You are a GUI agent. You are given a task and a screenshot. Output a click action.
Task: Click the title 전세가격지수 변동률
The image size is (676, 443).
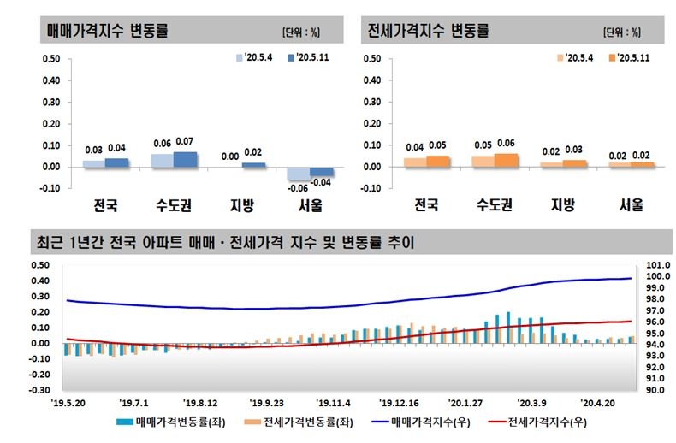click(x=428, y=32)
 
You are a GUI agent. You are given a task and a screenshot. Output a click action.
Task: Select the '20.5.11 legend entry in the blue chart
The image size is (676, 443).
click(x=304, y=58)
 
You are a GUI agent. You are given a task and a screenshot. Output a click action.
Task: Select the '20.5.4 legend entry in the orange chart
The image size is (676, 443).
click(x=574, y=58)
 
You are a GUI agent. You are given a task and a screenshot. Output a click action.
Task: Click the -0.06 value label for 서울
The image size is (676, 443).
click(x=298, y=188)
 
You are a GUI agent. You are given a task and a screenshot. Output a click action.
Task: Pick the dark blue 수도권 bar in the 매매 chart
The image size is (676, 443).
click(x=185, y=159)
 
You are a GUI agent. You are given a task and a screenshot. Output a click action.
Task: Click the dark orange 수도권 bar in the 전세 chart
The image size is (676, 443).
click(x=506, y=160)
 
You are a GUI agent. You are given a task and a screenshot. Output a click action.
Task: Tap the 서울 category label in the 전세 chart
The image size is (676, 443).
click(x=631, y=206)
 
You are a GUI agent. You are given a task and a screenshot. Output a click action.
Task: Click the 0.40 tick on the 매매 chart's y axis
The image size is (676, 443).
click(x=49, y=81)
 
